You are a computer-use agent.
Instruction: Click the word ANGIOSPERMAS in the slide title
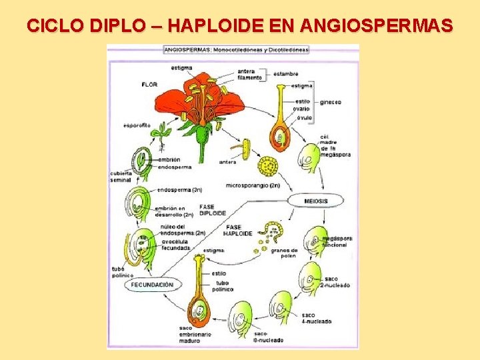tap(377, 26)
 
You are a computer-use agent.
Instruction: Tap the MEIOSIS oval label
tap(315, 200)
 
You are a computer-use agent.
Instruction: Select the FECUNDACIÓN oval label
tap(153, 285)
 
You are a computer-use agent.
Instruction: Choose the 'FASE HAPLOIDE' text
tap(238, 231)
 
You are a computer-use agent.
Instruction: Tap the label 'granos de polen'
tap(285, 253)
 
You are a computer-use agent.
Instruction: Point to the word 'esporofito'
tap(137, 125)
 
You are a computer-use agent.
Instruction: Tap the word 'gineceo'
tap(330, 102)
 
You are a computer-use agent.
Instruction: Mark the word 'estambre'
tap(285, 74)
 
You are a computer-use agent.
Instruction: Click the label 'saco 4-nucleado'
tap(316, 318)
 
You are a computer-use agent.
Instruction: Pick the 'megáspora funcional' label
tap(336, 241)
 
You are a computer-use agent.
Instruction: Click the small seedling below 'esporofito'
tap(159, 136)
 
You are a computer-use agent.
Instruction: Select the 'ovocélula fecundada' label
tap(175, 245)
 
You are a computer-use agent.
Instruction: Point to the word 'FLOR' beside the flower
tap(149, 85)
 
